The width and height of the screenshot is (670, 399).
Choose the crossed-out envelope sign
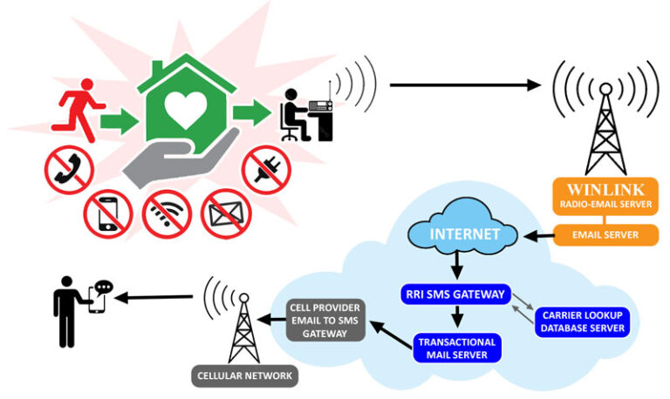(226, 213)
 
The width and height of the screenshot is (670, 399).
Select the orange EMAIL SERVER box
(604, 234)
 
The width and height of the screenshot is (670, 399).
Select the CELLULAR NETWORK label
(245, 376)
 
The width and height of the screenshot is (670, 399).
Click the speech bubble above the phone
(104, 287)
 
